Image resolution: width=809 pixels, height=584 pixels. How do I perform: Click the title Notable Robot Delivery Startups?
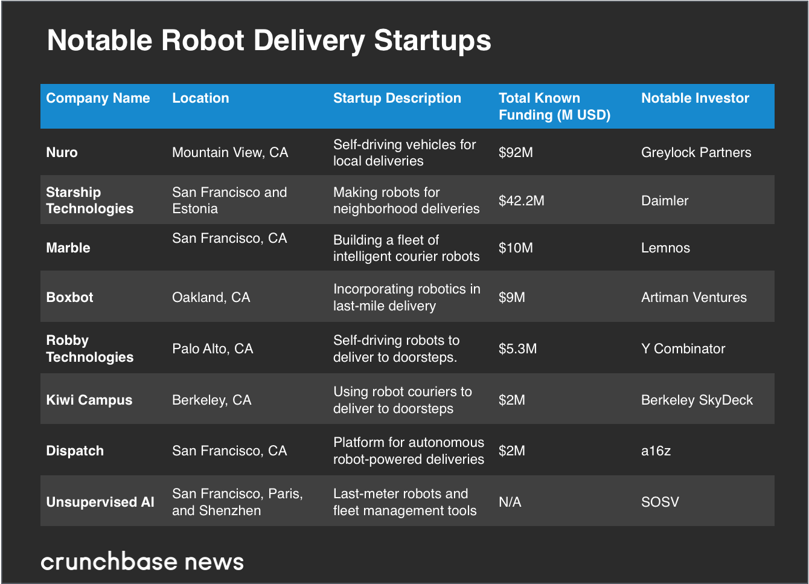tap(269, 41)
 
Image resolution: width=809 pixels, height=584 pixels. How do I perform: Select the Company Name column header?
tap(98, 98)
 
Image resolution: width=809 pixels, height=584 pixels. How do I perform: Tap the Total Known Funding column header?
tap(554, 106)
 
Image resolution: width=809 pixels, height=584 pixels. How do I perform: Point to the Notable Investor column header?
tap(695, 98)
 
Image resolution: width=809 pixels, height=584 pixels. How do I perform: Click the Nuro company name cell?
tap(62, 152)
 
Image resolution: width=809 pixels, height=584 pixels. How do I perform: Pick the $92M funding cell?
tap(516, 152)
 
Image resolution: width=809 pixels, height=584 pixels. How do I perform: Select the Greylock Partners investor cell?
tap(696, 152)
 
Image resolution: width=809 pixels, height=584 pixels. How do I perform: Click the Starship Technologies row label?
tap(89, 201)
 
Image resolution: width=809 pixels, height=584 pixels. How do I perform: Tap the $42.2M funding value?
tap(521, 201)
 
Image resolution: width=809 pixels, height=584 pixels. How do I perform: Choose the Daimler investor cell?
tap(665, 201)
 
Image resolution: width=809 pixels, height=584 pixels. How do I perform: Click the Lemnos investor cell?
tap(665, 248)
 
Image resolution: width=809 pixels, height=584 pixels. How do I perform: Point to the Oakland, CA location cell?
tap(211, 297)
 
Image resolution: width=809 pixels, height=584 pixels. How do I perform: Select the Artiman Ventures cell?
tap(694, 297)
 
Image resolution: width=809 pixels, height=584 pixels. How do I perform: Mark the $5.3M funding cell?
tap(517, 348)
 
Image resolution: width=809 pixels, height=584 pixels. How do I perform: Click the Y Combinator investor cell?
tap(683, 348)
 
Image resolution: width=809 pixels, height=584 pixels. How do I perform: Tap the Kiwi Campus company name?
tap(89, 400)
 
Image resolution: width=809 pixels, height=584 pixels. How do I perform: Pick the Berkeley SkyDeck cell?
tap(697, 400)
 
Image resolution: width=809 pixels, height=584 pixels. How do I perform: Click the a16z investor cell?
tap(656, 451)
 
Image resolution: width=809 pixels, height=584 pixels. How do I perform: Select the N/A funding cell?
tap(510, 502)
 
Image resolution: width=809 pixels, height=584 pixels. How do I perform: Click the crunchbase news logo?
tap(142, 562)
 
